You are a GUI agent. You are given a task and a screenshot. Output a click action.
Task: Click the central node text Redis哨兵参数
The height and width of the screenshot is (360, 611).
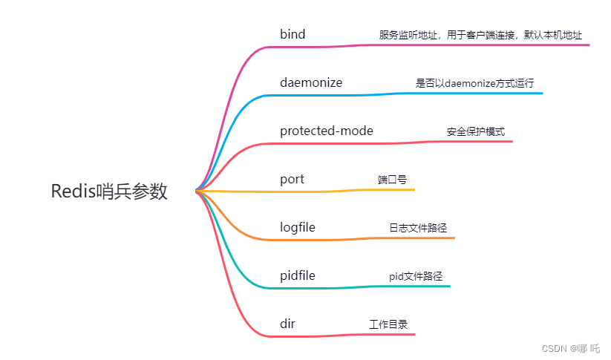(109, 192)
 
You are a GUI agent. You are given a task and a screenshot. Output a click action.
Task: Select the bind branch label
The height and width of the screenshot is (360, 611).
(293, 35)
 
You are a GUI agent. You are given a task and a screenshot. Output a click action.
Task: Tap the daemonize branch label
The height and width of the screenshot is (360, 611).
(311, 83)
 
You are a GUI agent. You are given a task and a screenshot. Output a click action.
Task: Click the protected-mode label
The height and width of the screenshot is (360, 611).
(326, 131)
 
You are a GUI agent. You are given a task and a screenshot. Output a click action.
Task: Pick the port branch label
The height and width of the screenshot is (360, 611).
(292, 180)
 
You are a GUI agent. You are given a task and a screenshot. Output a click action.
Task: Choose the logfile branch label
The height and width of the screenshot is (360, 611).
(297, 227)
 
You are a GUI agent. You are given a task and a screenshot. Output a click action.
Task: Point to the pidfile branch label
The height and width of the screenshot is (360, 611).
(297, 275)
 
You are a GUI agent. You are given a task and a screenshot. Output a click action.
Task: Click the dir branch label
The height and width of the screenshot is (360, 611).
(287, 324)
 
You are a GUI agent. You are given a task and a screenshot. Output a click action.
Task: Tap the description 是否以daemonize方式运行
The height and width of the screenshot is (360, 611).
(474, 83)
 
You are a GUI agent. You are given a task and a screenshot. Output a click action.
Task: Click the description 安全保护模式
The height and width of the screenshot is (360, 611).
(476, 131)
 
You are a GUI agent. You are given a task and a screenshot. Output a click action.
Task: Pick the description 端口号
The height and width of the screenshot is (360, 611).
(392, 180)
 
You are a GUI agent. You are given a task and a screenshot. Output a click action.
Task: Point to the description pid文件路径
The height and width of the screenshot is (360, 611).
(416, 275)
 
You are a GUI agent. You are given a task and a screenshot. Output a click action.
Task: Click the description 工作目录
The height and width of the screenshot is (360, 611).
(388, 324)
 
